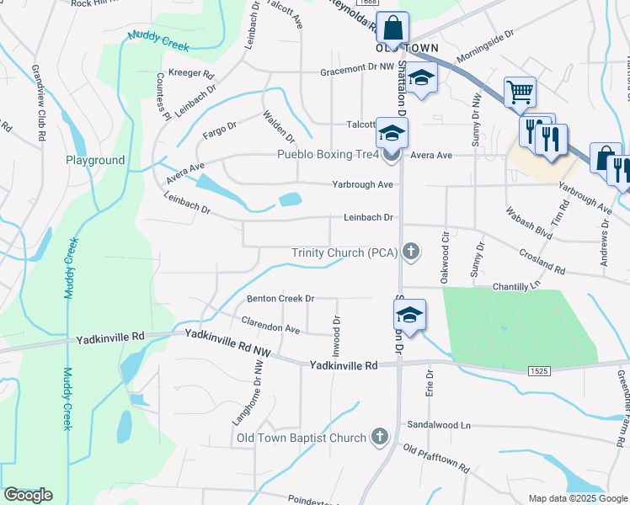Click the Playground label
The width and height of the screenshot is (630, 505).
[96, 160]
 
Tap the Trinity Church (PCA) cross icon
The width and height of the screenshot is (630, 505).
[411, 252]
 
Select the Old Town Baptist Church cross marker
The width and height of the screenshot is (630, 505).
[379, 437]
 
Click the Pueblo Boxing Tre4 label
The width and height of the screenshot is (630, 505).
[329, 154]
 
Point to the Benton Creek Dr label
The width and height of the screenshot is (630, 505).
[280, 298]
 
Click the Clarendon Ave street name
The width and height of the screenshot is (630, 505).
[270, 324]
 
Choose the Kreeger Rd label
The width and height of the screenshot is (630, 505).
[191, 74]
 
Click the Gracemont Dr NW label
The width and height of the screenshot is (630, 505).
[357, 72]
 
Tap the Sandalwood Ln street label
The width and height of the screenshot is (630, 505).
[438, 425]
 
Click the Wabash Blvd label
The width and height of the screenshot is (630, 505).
[528, 221]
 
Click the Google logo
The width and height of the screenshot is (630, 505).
[28, 494]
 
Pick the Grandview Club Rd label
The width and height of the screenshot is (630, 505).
[39, 102]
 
